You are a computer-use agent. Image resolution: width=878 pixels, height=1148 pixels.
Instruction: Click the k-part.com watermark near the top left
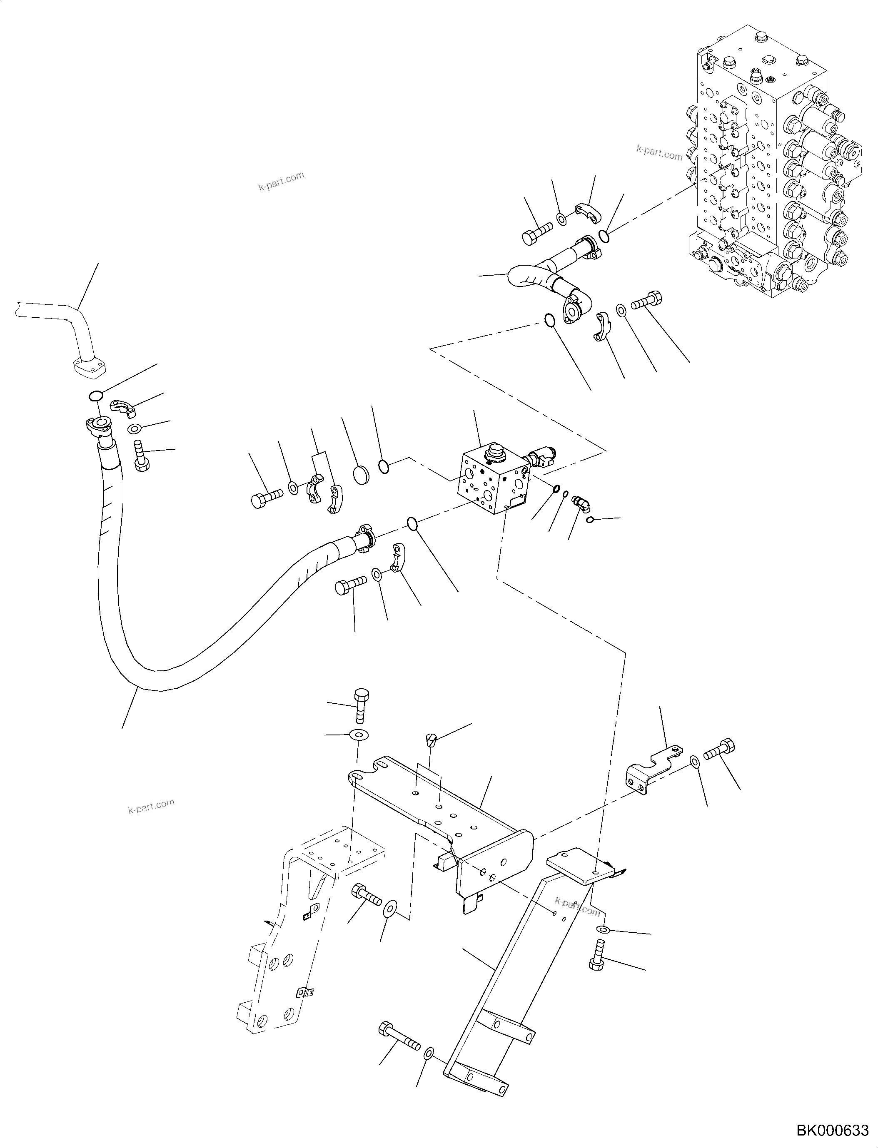[281, 181]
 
